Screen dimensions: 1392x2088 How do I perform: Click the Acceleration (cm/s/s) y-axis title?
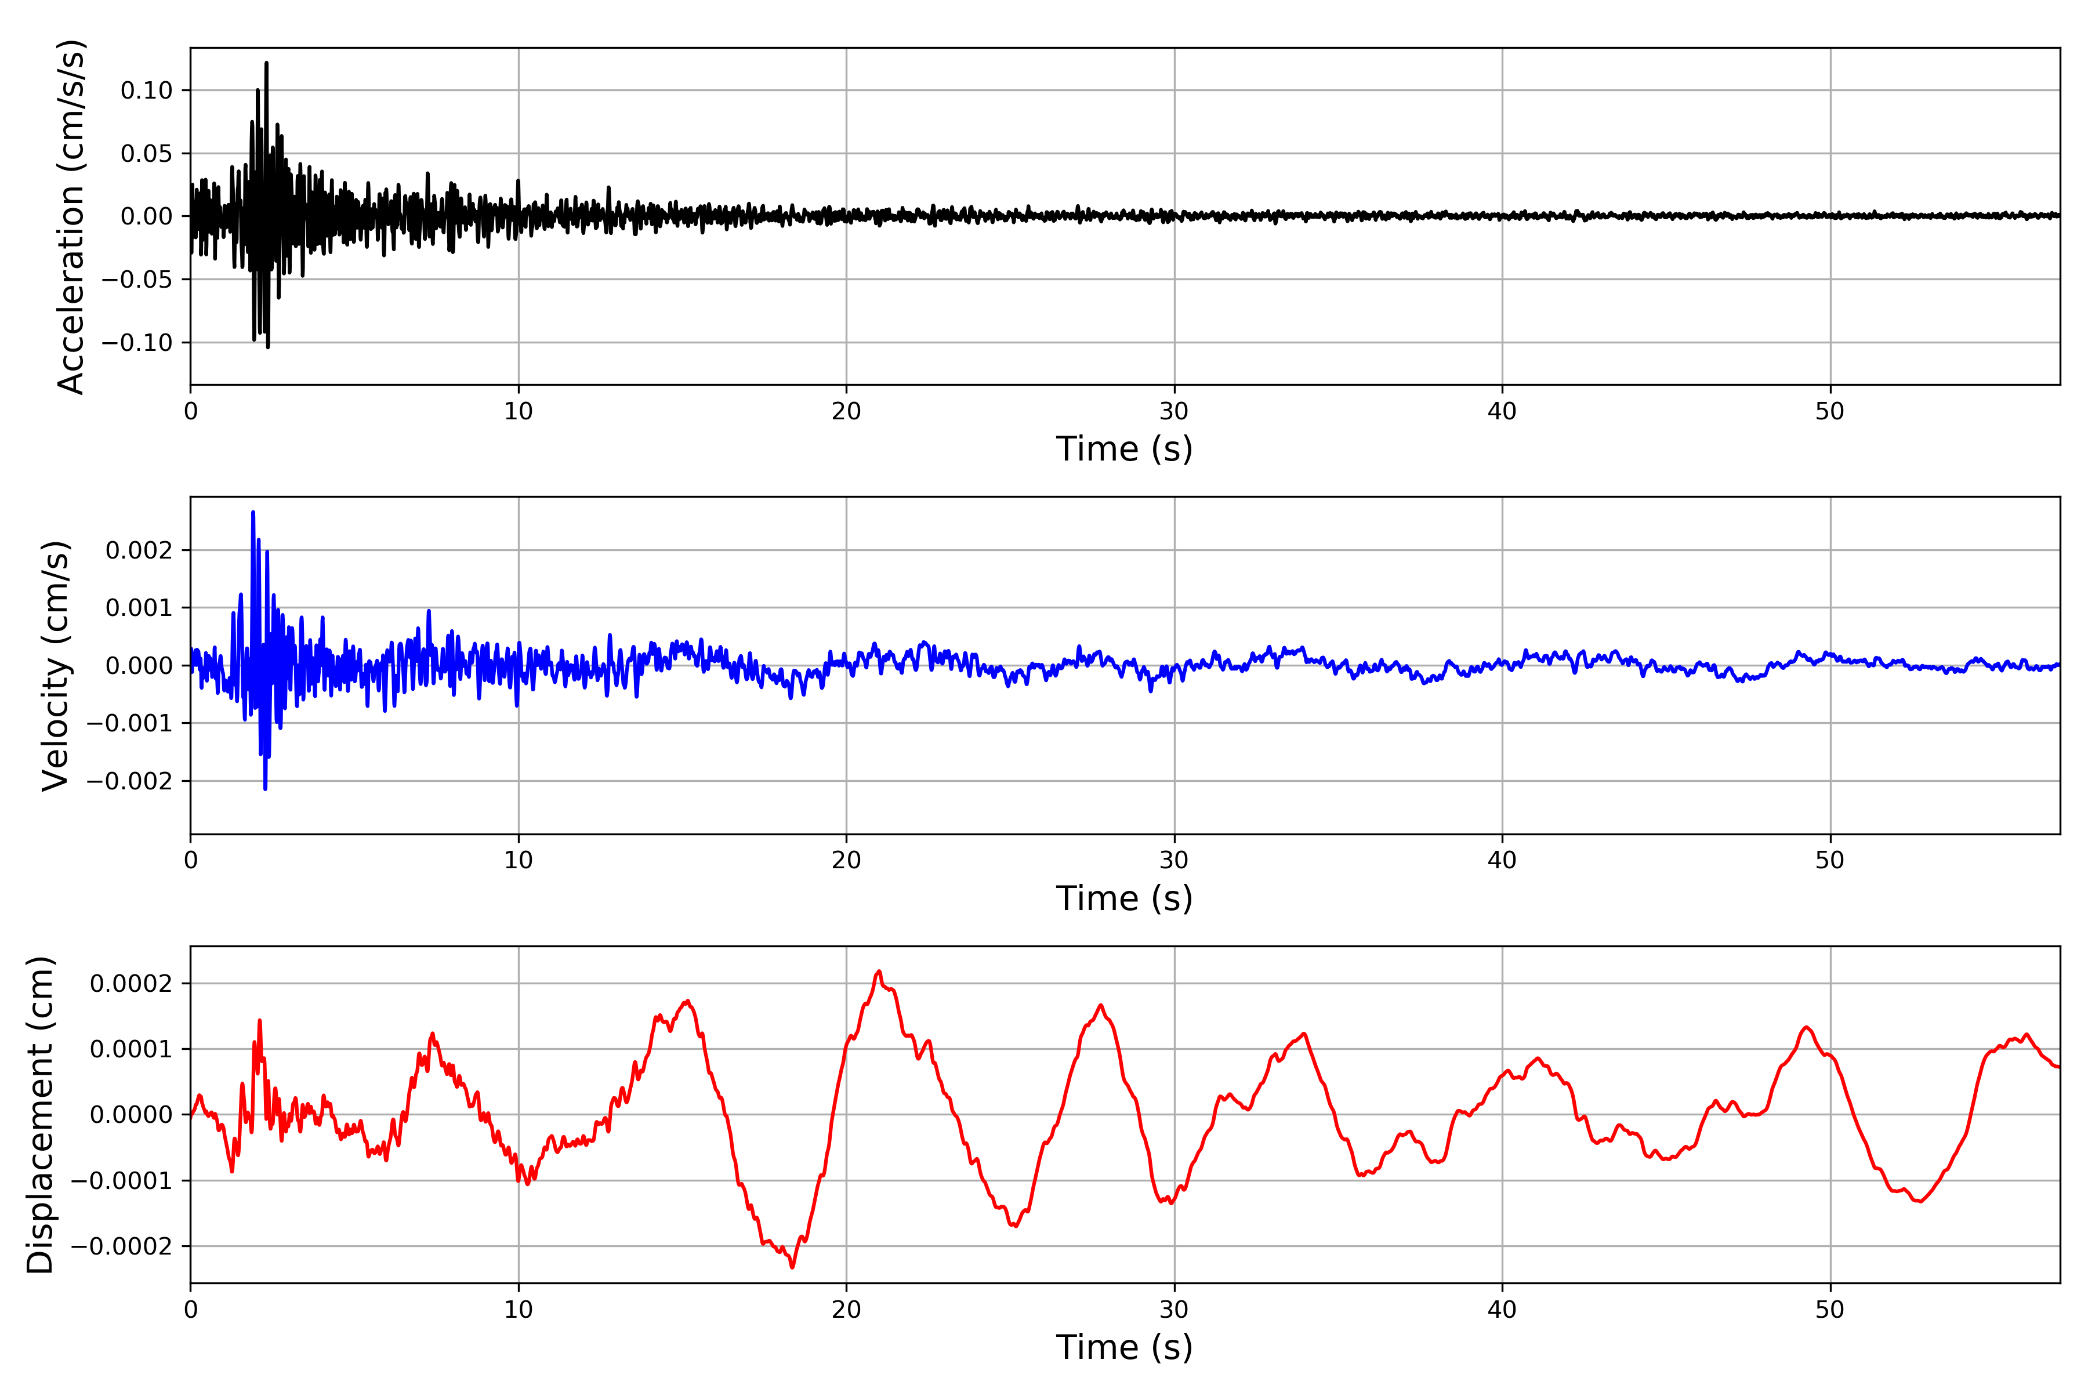(71, 216)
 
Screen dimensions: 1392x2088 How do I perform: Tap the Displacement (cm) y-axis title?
(40, 1114)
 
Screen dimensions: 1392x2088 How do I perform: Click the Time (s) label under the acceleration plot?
(1124, 449)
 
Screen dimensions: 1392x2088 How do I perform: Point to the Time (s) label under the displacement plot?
(1124, 1347)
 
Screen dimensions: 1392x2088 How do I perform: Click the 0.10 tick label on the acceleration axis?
(147, 90)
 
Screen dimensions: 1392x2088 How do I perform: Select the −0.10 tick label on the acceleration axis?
(137, 343)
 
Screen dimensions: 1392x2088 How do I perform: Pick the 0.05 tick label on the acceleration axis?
(147, 154)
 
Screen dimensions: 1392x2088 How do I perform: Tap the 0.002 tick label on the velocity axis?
(139, 550)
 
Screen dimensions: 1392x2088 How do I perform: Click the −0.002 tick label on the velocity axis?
(129, 781)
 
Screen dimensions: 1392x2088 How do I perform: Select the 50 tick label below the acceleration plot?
(1830, 411)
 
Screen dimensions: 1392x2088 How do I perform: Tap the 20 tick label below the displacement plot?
(846, 1310)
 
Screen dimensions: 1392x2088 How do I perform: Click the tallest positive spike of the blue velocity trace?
(253, 512)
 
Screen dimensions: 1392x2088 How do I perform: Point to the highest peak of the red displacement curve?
(879, 971)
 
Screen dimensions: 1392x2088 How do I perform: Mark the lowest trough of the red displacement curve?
(793, 1267)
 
